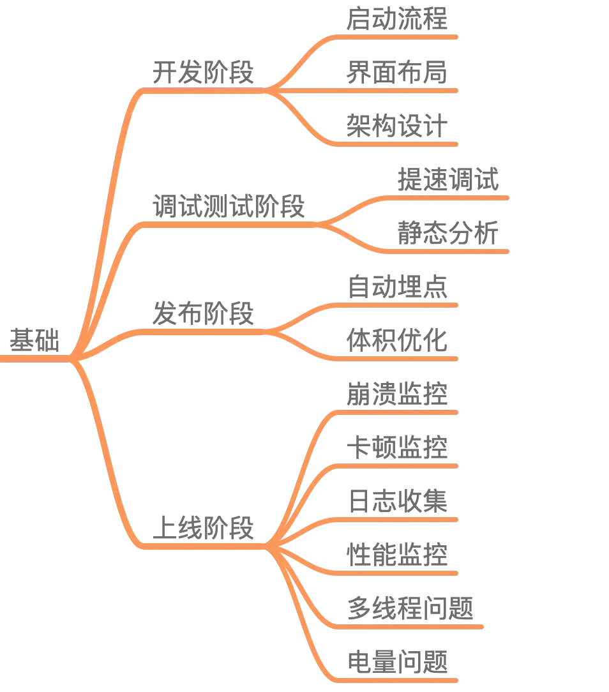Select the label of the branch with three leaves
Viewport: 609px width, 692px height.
[204, 71]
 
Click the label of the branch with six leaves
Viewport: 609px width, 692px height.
[206, 527]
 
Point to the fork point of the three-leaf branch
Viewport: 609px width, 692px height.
[271, 90]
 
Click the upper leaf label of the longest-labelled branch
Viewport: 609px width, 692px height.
[447, 179]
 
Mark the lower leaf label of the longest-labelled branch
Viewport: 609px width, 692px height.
[447, 232]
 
